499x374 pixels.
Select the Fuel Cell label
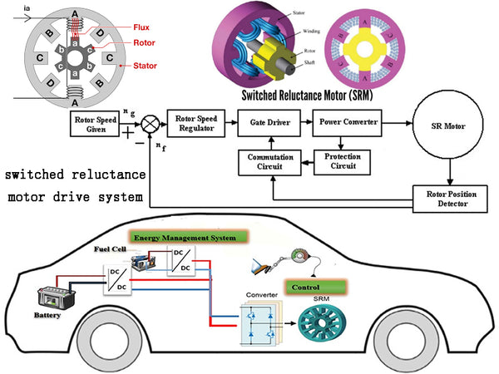pos(110,248)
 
